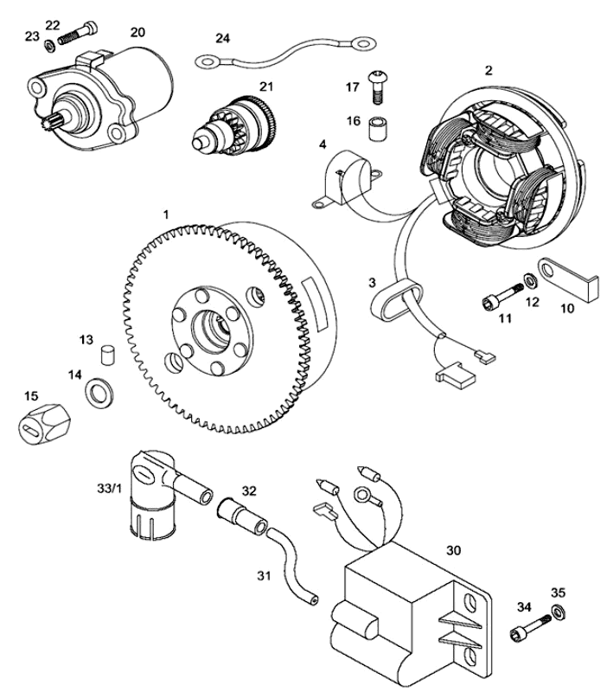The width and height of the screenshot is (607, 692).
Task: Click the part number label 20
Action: (137, 31)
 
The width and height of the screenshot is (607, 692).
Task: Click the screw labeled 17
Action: (377, 83)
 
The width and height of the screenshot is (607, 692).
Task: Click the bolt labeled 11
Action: (497, 298)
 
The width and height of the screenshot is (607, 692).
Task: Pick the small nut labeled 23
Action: (50, 42)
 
